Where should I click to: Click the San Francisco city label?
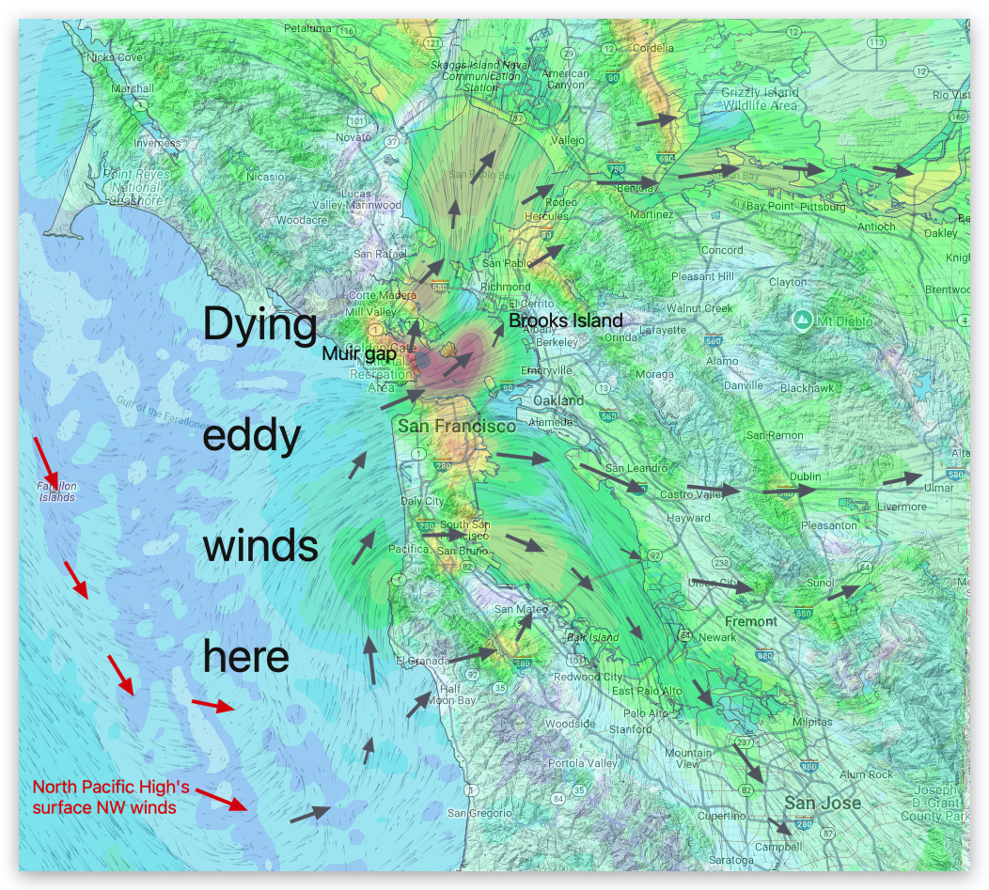coord(457,427)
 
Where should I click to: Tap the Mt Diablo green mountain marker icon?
coord(801,321)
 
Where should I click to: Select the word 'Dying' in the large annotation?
coord(260,328)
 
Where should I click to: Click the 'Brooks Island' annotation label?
coord(566,320)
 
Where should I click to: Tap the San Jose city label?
coord(823,803)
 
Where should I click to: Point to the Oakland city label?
coord(558,400)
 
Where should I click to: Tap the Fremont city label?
coord(750,621)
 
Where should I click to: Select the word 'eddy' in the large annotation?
coord(251,436)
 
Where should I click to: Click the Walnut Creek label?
coord(699,308)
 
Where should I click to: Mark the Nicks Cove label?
coord(115,57)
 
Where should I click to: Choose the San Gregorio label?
coord(471,813)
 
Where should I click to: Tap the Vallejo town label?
coord(566,140)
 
